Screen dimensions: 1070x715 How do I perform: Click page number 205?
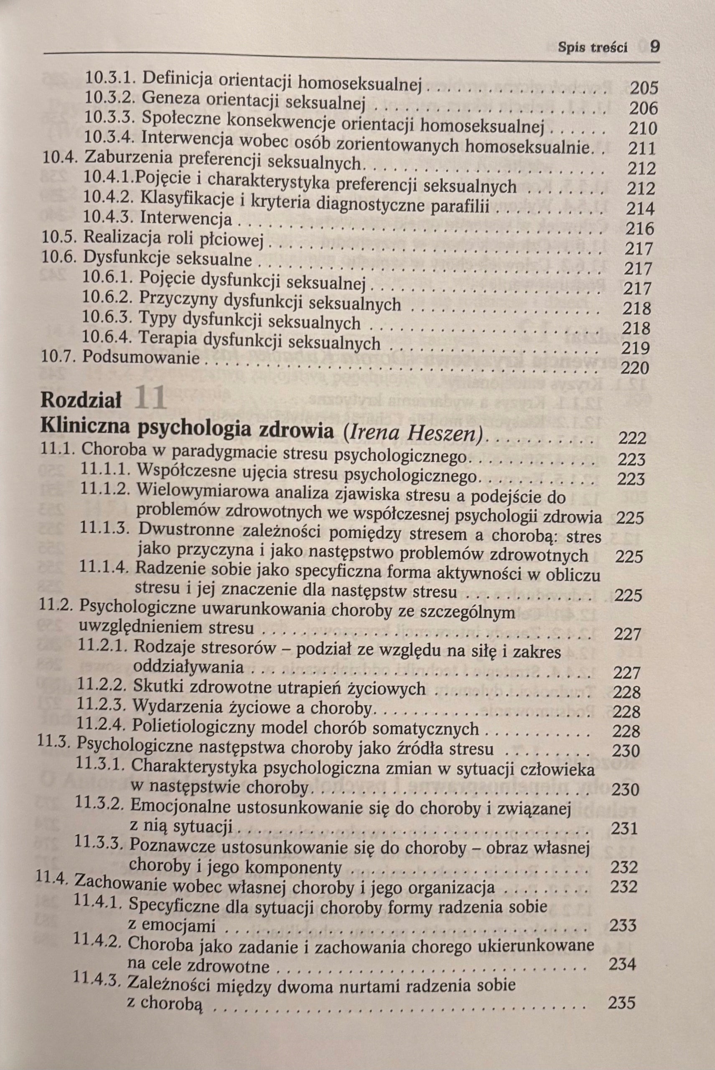[x=644, y=88]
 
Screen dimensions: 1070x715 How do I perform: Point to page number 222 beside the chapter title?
[x=632, y=439]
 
